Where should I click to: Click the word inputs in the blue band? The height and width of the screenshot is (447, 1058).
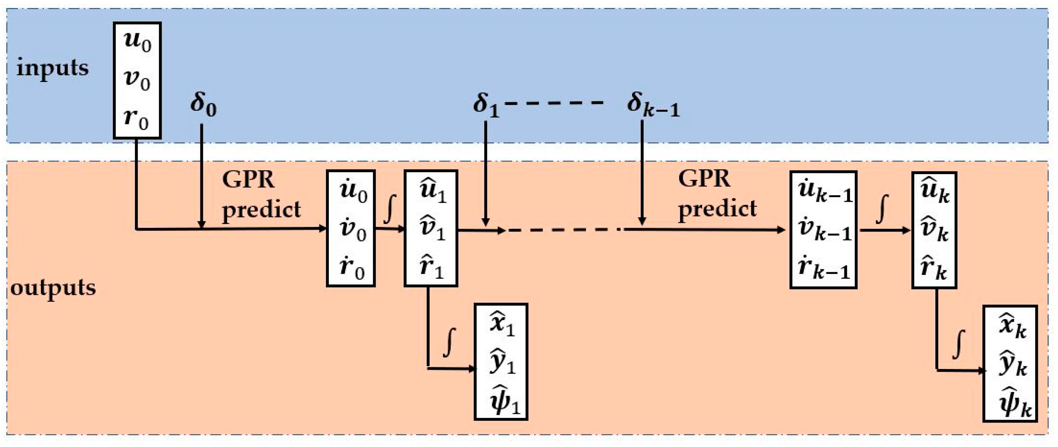[52, 68]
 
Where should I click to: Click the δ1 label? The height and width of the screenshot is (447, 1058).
[486, 105]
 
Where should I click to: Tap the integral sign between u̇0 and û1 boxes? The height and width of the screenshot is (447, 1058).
[389, 210]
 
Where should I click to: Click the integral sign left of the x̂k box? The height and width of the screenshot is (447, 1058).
[959, 345]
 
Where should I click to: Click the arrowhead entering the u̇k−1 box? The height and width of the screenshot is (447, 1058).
[782, 230]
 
